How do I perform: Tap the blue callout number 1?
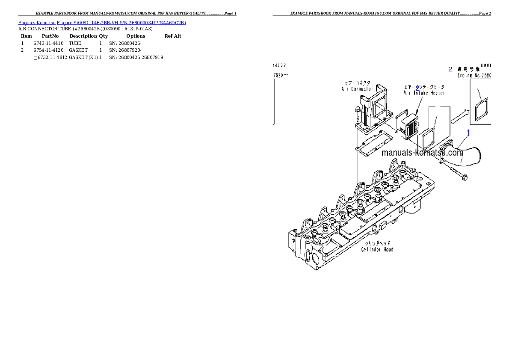[468, 133]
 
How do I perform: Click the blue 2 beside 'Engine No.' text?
[450, 69]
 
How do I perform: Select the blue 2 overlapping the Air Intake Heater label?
[417, 88]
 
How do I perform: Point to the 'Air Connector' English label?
[357, 89]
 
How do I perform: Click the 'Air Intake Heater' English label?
[424, 93]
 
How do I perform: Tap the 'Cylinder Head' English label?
[377, 249]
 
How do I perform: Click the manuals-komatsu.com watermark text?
[422, 153]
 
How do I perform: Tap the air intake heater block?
[410, 127]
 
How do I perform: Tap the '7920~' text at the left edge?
[281, 75]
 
